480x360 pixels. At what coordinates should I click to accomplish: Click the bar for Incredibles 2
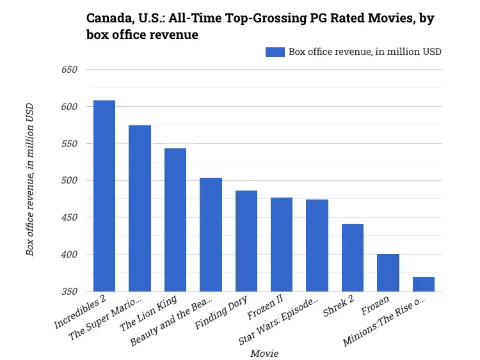(x=104, y=196)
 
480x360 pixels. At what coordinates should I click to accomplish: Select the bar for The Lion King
(x=175, y=220)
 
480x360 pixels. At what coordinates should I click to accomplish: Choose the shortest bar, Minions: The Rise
(x=423, y=284)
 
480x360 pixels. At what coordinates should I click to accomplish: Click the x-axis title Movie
(x=264, y=353)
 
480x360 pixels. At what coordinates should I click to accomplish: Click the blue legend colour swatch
(x=275, y=52)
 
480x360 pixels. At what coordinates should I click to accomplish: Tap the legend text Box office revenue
(x=365, y=52)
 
